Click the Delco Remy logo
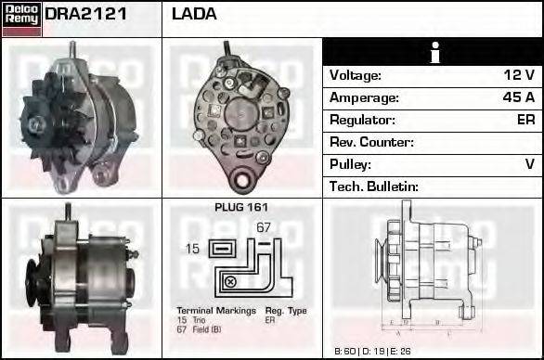click(x=21, y=18)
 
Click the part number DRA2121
click(x=86, y=14)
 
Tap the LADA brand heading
click(x=194, y=14)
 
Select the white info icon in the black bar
click(x=433, y=52)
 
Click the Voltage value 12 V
click(x=517, y=75)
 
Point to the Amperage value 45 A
click(x=516, y=97)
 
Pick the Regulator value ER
click(x=525, y=120)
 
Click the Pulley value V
click(x=529, y=164)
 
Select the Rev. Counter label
click(x=371, y=142)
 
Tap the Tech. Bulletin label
click(x=374, y=186)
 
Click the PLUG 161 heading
click(x=241, y=208)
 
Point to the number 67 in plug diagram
click(x=263, y=227)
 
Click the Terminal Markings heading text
click(x=213, y=310)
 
